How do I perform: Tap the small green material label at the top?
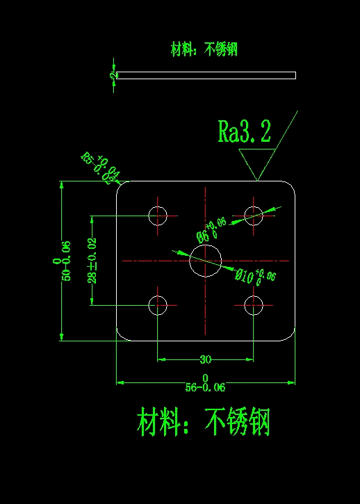(204, 49)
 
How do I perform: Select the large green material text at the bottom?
(204, 422)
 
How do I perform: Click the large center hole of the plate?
(206, 260)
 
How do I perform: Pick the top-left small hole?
(158, 216)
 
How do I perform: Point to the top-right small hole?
(254, 216)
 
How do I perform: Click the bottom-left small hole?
(158, 304)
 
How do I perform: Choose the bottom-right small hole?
(254, 304)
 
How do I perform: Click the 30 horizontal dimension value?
(206, 359)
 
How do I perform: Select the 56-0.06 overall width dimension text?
(205, 387)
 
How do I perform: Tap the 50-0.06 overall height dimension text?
(67, 261)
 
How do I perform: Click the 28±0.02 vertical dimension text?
(92, 260)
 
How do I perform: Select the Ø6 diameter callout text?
(212, 227)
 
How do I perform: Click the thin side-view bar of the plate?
(206, 75)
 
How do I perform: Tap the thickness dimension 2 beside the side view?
(112, 75)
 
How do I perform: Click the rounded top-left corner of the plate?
(121, 186)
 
